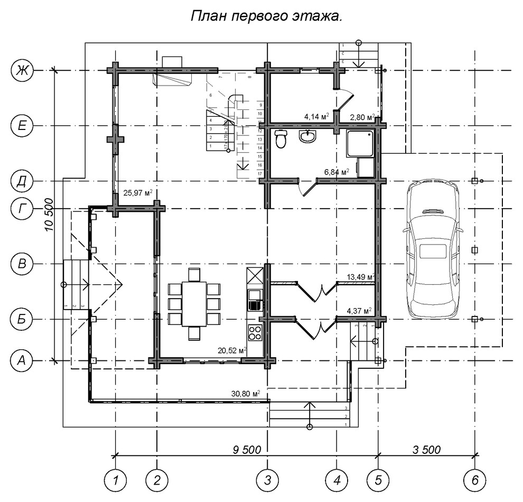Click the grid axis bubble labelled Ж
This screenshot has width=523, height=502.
tap(22, 70)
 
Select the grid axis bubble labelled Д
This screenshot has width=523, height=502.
tap(22, 181)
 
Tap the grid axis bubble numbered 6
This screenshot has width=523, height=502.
tap(474, 480)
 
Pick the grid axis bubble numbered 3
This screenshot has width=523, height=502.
tap(267, 480)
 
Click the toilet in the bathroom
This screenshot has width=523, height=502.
tap(281, 139)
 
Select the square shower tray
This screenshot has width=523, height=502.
tap(361, 143)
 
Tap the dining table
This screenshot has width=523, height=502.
tap(194, 304)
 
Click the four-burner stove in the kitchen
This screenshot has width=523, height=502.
tap(255, 333)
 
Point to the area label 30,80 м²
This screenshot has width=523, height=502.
tap(246, 394)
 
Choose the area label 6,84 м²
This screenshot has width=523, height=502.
tap(337, 172)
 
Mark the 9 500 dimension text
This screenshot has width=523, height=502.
tap(247, 449)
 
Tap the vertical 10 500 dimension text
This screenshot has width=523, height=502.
tap(49, 214)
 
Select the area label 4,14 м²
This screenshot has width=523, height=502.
tap(316, 116)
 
